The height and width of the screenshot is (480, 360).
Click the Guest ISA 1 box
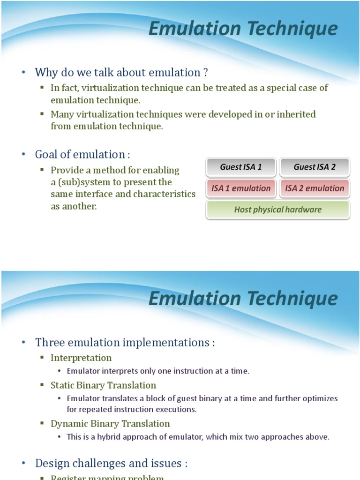241,167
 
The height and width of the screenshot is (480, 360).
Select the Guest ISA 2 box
315,167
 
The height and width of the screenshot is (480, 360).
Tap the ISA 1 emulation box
241,188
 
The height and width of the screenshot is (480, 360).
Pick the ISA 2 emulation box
315,188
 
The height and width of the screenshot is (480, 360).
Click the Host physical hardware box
278,210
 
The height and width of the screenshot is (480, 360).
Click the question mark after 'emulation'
205,73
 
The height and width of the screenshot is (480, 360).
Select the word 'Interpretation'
81,358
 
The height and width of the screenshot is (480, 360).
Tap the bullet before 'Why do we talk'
23,73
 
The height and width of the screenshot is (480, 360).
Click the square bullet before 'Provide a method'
42,169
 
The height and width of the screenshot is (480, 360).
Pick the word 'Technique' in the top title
292,29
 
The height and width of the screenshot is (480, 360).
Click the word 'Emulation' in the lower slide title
195,298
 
